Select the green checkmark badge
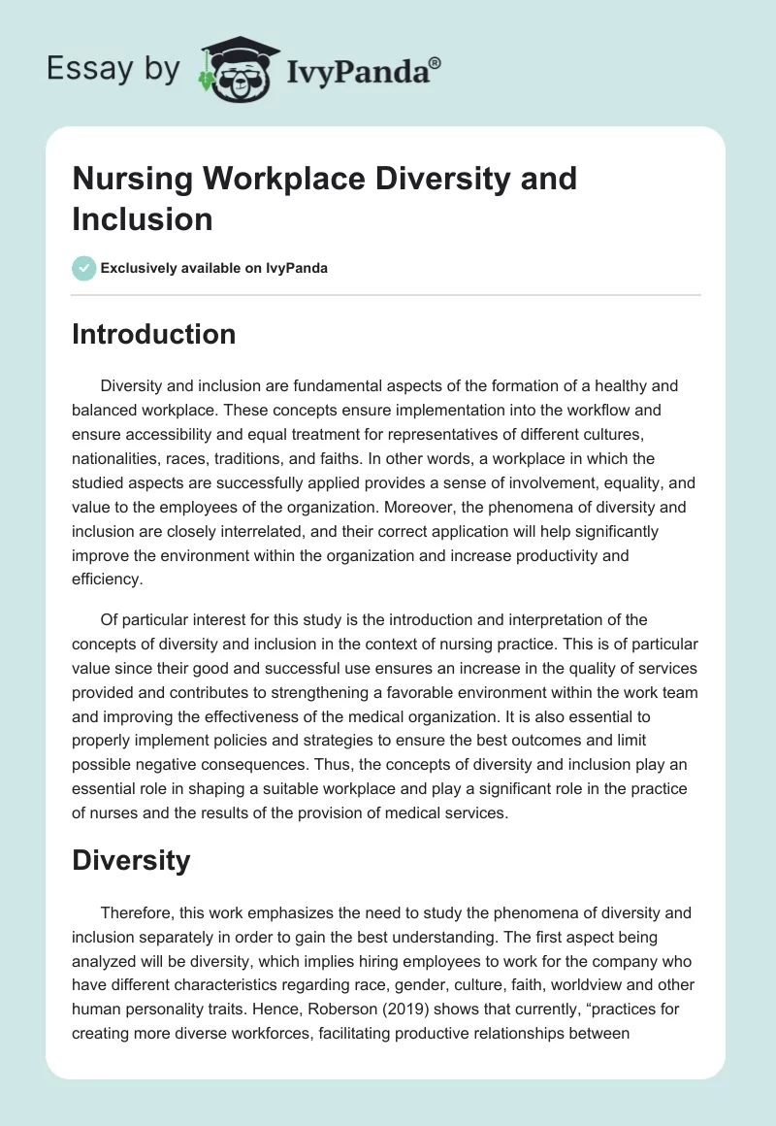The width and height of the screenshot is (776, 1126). tap(84, 268)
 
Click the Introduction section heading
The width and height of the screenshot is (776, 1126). tap(153, 334)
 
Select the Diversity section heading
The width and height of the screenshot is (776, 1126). tap(131, 860)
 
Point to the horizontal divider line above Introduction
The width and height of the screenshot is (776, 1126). tap(387, 294)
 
